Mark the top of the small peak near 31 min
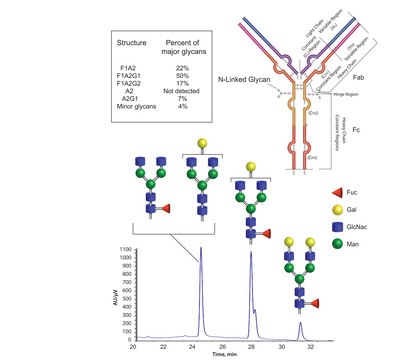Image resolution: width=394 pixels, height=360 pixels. (300, 322)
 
